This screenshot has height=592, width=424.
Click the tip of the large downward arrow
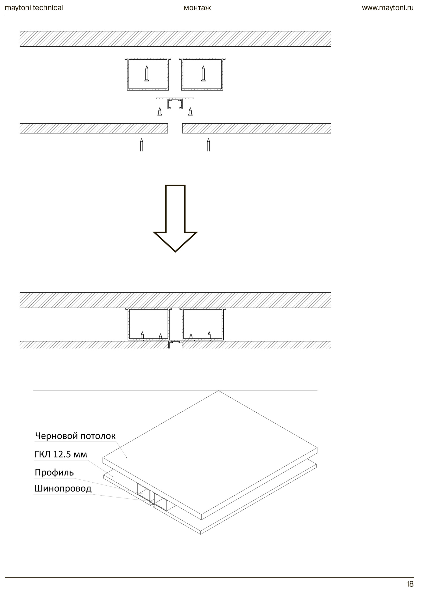pyautogui.click(x=175, y=251)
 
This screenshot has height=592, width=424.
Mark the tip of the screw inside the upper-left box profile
pyautogui.click(x=146, y=66)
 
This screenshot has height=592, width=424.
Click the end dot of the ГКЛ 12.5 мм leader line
pyautogui.click(x=113, y=476)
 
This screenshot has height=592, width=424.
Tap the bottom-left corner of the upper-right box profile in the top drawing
pyautogui.click(x=181, y=90)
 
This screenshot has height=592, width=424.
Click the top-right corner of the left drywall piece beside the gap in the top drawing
pyautogui.click(x=168, y=124)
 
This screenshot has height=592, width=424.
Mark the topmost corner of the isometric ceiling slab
pyautogui.click(x=218, y=391)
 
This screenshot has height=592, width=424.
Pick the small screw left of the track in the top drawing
pyautogui.click(x=160, y=111)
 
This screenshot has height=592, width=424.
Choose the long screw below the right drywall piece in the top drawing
pyautogui.click(x=208, y=145)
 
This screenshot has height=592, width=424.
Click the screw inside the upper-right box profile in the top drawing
pyautogui.click(x=203, y=74)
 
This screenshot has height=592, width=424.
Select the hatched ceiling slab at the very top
pyautogui.click(x=175, y=39)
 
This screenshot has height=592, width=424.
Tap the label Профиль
pyautogui.click(x=54, y=472)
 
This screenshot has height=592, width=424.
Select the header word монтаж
pyautogui.click(x=197, y=8)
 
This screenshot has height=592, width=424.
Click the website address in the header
pyautogui.click(x=388, y=8)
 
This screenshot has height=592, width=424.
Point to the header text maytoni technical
pyautogui.click(x=34, y=8)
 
